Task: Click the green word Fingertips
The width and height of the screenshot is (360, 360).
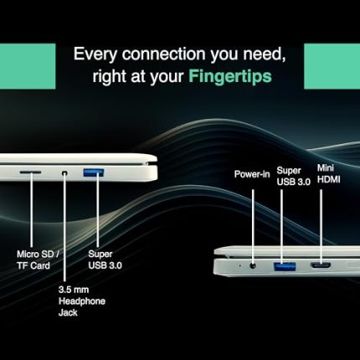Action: click(230, 76)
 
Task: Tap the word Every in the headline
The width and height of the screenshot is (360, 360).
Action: click(95, 54)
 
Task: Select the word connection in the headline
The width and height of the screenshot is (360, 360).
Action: click(164, 54)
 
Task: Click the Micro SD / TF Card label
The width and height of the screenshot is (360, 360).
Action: click(38, 260)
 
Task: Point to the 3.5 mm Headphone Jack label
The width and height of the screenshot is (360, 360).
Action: click(82, 301)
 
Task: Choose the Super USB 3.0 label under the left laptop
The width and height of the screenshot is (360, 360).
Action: click(105, 260)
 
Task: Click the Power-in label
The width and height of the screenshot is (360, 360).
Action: click(252, 174)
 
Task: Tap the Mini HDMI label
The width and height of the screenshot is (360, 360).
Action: click(329, 173)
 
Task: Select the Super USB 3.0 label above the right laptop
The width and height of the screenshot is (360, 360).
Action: click(294, 176)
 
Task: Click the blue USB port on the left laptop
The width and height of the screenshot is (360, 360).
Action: click(94, 172)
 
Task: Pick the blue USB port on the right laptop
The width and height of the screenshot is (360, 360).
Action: click(284, 266)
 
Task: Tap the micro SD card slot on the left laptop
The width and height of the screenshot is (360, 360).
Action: click(30, 172)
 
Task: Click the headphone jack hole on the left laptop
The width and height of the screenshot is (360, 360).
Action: click(64, 173)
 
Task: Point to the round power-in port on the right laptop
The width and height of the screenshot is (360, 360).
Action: click(253, 265)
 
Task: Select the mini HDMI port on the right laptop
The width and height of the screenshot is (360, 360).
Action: click(321, 265)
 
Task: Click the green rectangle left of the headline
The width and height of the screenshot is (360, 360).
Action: click(28, 66)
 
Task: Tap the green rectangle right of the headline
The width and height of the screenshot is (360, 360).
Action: click(332, 66)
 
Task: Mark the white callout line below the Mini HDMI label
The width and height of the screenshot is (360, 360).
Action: click(321, 227)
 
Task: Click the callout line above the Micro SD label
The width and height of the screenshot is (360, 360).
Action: click(31, 210)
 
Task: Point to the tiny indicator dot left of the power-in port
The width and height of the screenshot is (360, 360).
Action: click(239, 265)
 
